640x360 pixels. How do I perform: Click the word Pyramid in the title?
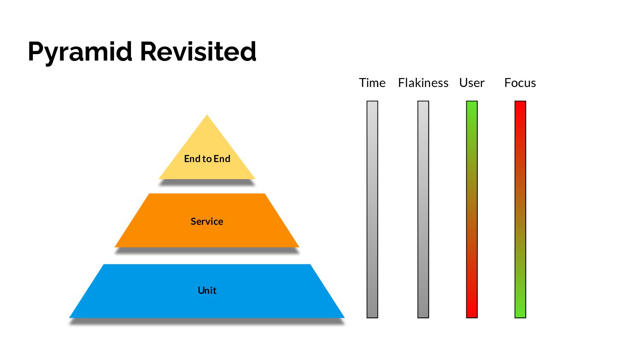[x=80, y=52]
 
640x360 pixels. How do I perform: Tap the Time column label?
[x=372, y=83]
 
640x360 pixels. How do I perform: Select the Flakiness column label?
[x=423, y=83]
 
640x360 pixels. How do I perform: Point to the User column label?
[x=471, y=83]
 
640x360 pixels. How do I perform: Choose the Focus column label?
[x=520, y=83]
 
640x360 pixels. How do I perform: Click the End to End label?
[x=207, y=159]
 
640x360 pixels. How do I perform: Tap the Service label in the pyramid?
[x=207, y=221]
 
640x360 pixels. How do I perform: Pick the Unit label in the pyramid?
[x=207, y=290]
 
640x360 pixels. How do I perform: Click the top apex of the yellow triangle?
[x=207, y=116]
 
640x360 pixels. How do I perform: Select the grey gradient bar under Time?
[x=372, y=209]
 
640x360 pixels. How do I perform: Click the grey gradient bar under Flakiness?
[x=423, y=209]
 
